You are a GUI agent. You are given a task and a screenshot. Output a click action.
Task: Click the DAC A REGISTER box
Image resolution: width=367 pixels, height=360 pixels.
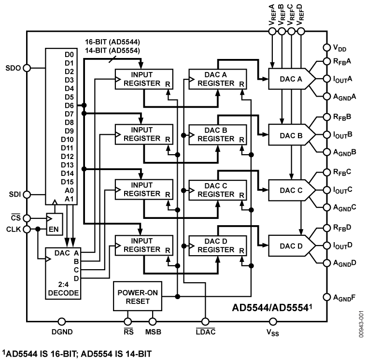[218, 79]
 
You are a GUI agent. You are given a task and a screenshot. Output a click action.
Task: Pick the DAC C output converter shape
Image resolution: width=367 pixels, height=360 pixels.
[292, 189]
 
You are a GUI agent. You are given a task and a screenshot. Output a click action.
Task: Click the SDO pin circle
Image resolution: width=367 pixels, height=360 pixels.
[27, 68]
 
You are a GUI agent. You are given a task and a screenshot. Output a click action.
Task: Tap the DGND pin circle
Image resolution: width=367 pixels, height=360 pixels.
[61, 321]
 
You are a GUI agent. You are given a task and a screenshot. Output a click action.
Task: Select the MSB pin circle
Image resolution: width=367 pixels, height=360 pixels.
[153, 321]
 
